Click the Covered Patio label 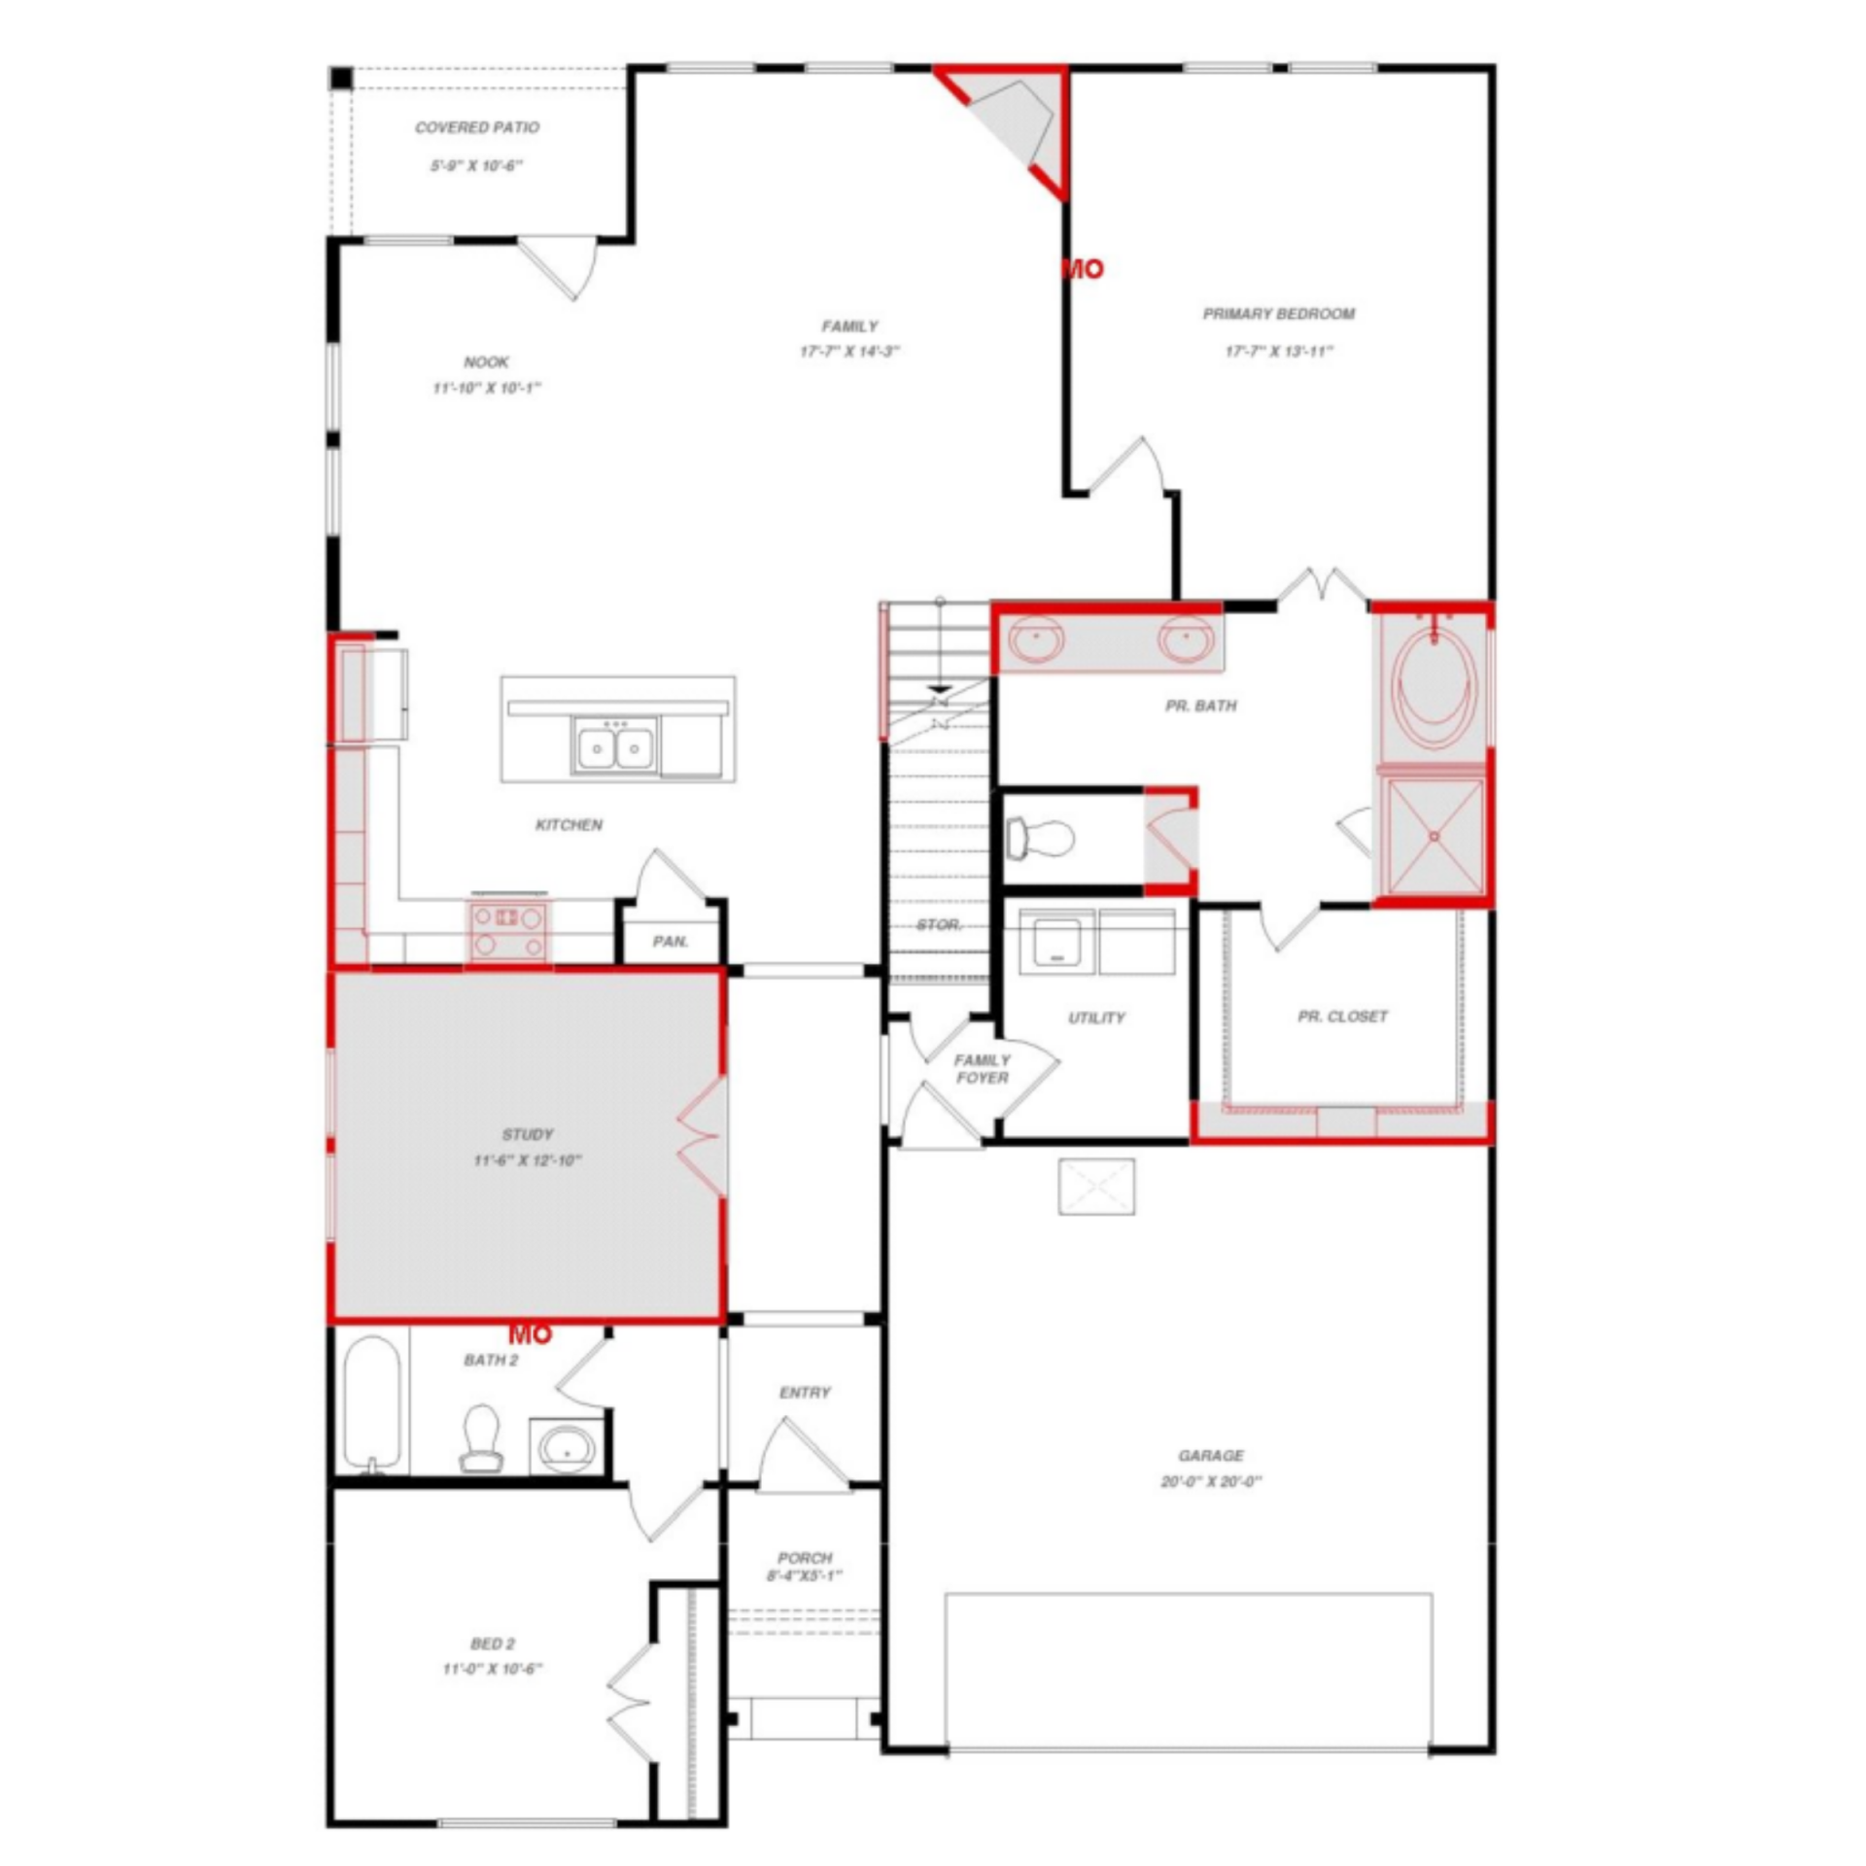[x=476, y=127]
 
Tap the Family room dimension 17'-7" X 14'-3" [x=849, y=351]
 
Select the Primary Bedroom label [x=1278, y=314]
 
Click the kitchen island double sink [x=613, y=746]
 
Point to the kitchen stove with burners [x=508, y=929]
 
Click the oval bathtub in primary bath [x=1434, y=685]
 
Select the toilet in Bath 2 [x=481, y=1437]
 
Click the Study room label [x=528, y=1134]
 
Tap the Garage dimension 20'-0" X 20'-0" [x=1211, y=1482]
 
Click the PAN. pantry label [x=671, y=941]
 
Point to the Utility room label [x=1096, y=1018]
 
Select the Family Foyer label [x=982, y=1069]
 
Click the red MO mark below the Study [x=531, y=1334]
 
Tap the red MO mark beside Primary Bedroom [x=1083, y=269]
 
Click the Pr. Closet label [x=1342, y=1016]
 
